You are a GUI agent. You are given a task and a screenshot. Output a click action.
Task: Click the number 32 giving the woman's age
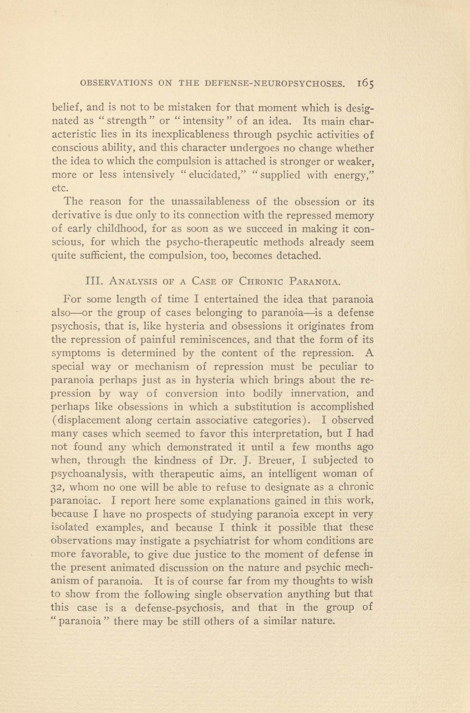58,487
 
